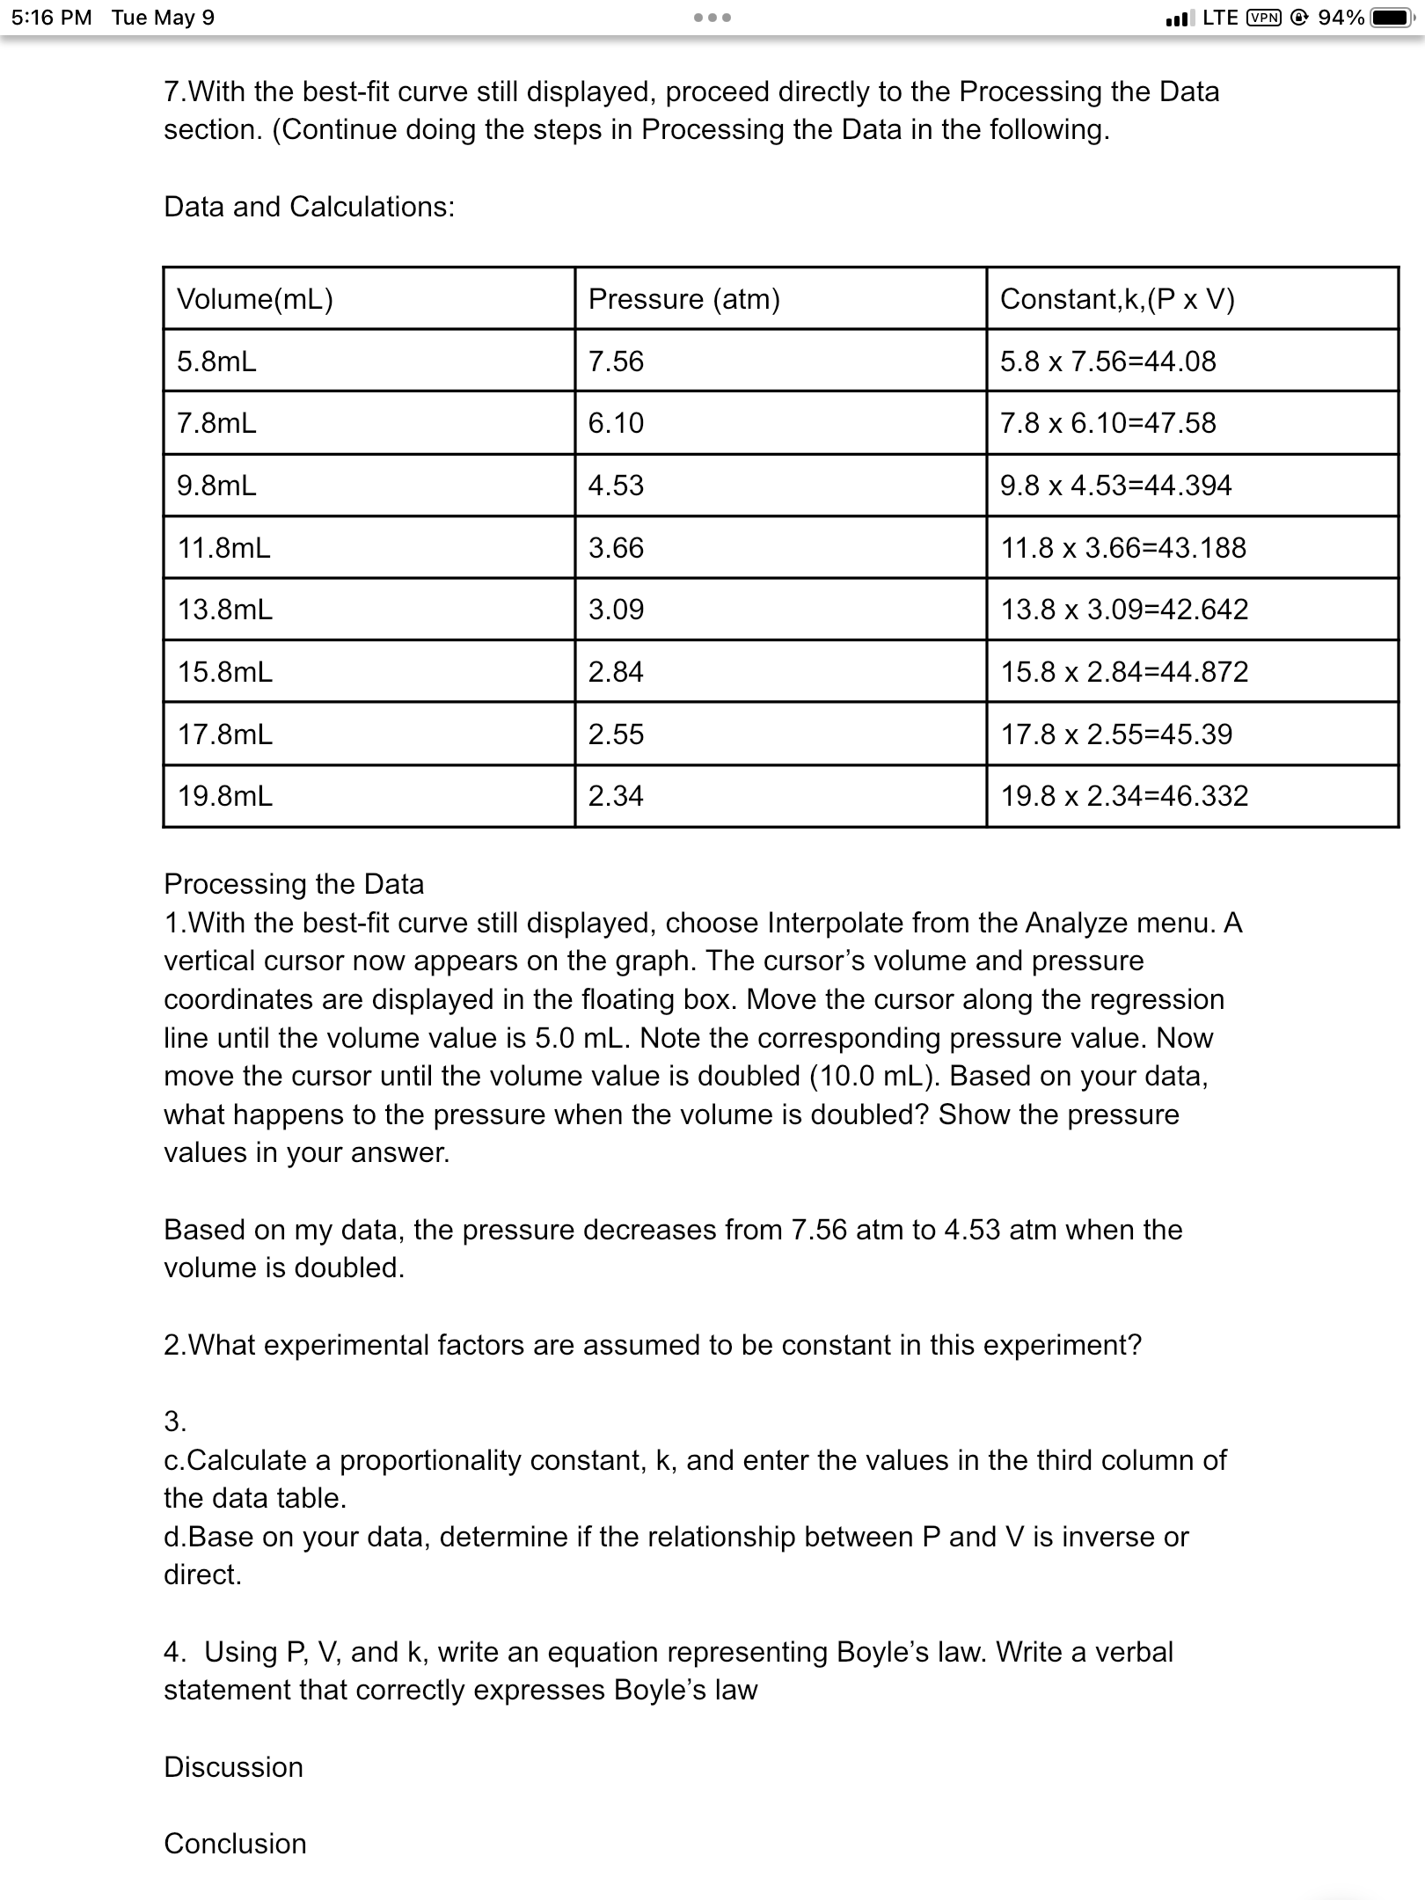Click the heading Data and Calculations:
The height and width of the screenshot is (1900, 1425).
[x=310, y=207]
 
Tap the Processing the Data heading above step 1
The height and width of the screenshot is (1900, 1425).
[x=294, y=883]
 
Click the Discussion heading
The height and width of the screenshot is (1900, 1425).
[x=233, y=1766]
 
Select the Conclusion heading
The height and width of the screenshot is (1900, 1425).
[x=235, y=1843]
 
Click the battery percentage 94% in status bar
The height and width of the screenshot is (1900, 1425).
[x=1341, y=18]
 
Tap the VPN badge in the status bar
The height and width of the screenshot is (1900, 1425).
[x=1264, y=18]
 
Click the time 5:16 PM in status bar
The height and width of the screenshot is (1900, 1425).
[x=52, y=18]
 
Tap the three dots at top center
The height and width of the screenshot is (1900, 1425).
[x=712, y=18]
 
